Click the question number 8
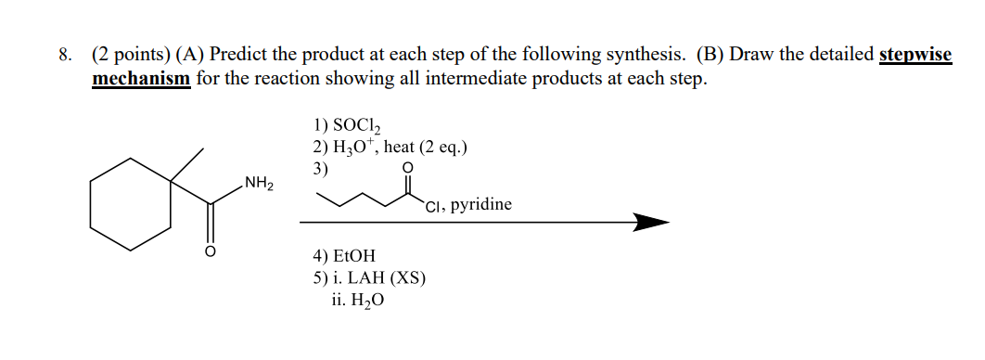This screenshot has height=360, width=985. (x=63, y=56)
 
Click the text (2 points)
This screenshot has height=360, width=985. (x=128, y=56)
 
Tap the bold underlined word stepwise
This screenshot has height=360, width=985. (x=915, y=56)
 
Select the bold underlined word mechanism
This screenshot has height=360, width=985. (x=141, y=78)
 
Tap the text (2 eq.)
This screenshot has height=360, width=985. (x=443, y=147)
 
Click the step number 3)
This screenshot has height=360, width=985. (x=321, y=168)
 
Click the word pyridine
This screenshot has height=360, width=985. (x=481, y=204)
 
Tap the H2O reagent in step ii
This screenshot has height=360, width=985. (x=363, y=301)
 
